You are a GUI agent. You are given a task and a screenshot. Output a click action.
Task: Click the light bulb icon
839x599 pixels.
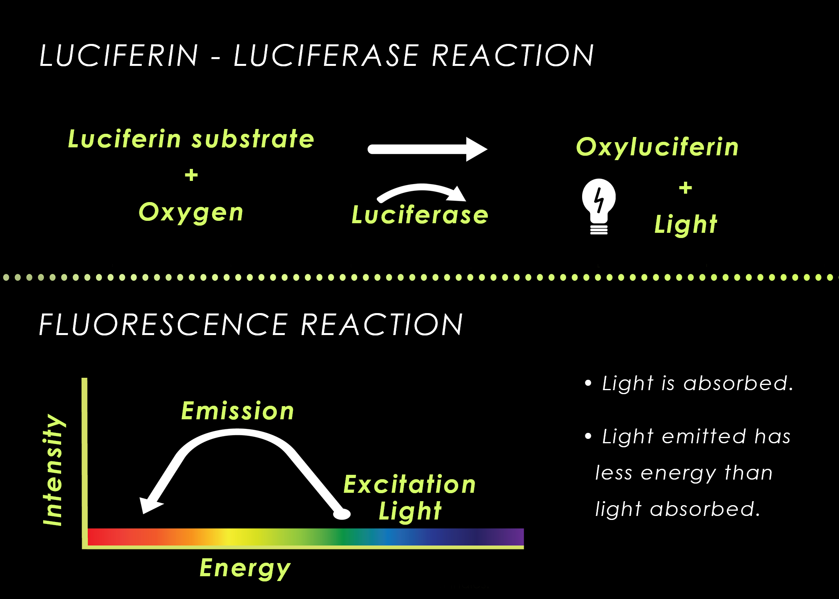click(x=598, y=206)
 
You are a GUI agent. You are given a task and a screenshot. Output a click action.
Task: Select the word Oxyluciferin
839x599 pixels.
click(x=657, y=147)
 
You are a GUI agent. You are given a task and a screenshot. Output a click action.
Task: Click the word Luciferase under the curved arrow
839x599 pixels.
click(x=420, y=215)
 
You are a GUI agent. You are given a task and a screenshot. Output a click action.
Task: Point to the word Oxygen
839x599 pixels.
click(x=191, y=212)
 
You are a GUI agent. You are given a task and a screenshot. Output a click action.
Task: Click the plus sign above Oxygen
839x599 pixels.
click(x=191, y=175)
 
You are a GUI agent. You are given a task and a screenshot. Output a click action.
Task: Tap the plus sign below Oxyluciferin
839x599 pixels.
click(x=686, y=188)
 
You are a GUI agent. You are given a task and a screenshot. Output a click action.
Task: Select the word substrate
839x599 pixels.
click(x=253, y=139)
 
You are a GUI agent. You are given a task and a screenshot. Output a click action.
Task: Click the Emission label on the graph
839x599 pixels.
click(x=238, y=411)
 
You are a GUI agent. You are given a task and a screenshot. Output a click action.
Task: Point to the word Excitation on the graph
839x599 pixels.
click(x=410, y=484)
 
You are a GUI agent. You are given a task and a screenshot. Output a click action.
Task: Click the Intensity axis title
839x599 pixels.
click(x=53, y=470)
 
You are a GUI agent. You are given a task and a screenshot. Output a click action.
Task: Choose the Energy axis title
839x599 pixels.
click(x=245, y=568)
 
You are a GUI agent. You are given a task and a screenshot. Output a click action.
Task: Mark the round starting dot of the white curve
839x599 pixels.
click(x=342, y=514)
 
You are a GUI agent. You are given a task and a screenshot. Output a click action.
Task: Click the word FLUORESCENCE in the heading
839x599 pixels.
click(x=163, y=324)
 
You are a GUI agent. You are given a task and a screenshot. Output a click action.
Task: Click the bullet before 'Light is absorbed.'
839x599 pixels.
click(x=588, y=383)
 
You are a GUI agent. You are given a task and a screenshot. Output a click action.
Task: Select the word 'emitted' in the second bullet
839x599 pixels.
click(x=704, y=436)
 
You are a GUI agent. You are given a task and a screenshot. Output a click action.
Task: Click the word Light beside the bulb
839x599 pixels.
click(x=686, y=224)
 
